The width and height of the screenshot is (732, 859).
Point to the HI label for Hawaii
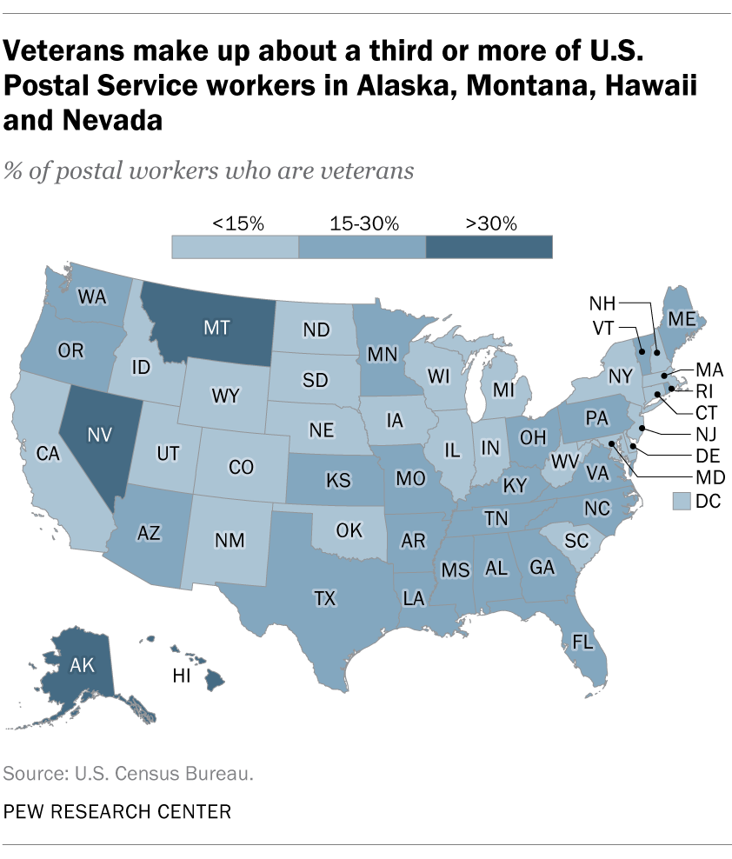click(x=183, y=676)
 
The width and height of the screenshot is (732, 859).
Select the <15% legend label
click(x=237, y=223)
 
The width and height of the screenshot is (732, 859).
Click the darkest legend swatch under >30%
click(x=489, y=247)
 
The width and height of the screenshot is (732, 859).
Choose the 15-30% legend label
click(x=364, y=223)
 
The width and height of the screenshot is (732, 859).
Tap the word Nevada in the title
click(x=105, y=120)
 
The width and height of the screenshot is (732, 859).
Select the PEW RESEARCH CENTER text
click(x=118, y=812)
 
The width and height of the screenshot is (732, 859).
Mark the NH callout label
click(x=602, y=303)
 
